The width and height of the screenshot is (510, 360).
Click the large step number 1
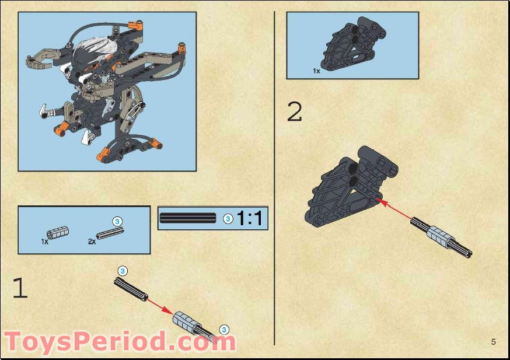[20, 288]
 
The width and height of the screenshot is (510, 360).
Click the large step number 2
[295, 111]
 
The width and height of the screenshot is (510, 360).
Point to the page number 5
[493, 341]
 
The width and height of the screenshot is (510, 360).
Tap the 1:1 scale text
[250, 218]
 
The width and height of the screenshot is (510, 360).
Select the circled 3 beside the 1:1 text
[228, 218]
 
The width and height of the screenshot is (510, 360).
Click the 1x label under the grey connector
[45, 241]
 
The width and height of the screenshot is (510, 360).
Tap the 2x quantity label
[92, 241]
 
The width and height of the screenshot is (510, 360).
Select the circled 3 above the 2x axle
[117, 221]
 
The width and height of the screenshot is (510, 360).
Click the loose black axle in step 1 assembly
[131, 289]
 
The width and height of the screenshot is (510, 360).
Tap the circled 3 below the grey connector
[223, 330]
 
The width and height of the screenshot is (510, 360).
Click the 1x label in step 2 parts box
[316, 71]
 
